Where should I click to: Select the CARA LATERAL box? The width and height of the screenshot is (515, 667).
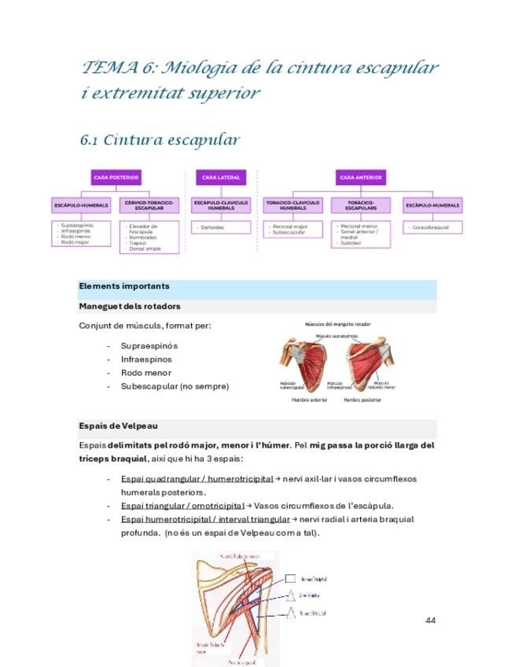click(x=220, y=178)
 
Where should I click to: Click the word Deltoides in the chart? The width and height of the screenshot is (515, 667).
click(x=212, y=227)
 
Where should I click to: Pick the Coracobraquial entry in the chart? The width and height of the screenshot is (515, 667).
click(x=432, y=227)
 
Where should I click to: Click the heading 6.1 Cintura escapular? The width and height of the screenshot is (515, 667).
click(x=160, y=140)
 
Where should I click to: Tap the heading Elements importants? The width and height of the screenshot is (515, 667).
click(x=124, y=286)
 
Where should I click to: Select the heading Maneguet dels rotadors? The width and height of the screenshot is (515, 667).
click(x=130, y=306)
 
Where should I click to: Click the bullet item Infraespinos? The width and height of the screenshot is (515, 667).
click(x=145, y=359)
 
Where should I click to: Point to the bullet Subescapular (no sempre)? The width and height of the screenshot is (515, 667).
click(x=175, y=386)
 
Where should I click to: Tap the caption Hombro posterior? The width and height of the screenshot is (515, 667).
click(x=362, y=400)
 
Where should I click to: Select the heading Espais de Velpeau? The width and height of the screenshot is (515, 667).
click(x=118, y=426)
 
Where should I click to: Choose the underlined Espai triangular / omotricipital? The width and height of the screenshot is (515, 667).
click(x=182, y=506)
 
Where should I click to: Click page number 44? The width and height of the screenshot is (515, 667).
click(x=430, y=621)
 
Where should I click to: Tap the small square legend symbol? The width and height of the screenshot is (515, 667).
click(x=290, y=578)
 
